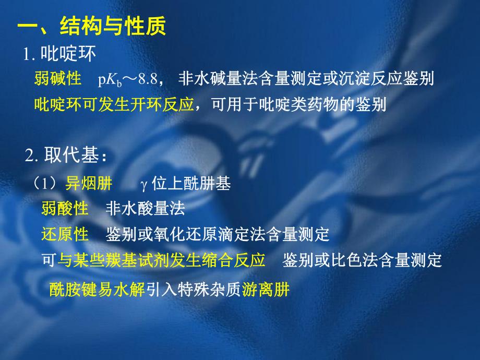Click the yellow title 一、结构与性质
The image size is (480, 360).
click(92, 27)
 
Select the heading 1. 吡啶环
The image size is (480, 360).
click(58, 54)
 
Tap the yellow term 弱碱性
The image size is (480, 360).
click(57, 79)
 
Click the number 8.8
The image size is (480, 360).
click(153, 79)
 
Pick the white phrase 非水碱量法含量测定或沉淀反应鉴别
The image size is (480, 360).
click(306, 79)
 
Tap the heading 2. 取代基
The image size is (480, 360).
click(66, 157)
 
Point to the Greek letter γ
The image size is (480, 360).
click(145, 185)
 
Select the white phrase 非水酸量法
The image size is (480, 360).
click(145, 209)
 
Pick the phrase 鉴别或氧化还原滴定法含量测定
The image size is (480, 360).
click(218, 234)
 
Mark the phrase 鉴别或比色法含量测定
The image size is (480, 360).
click(362, 259)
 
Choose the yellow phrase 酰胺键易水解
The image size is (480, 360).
click(97, 289)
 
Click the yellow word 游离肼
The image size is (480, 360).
click(266, 289)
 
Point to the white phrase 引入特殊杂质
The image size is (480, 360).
click(194, 289)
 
